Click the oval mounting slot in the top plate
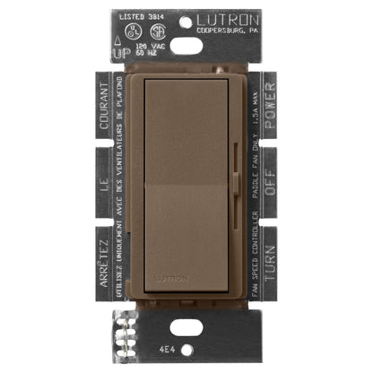pyautogui.click(x=187, y=47)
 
